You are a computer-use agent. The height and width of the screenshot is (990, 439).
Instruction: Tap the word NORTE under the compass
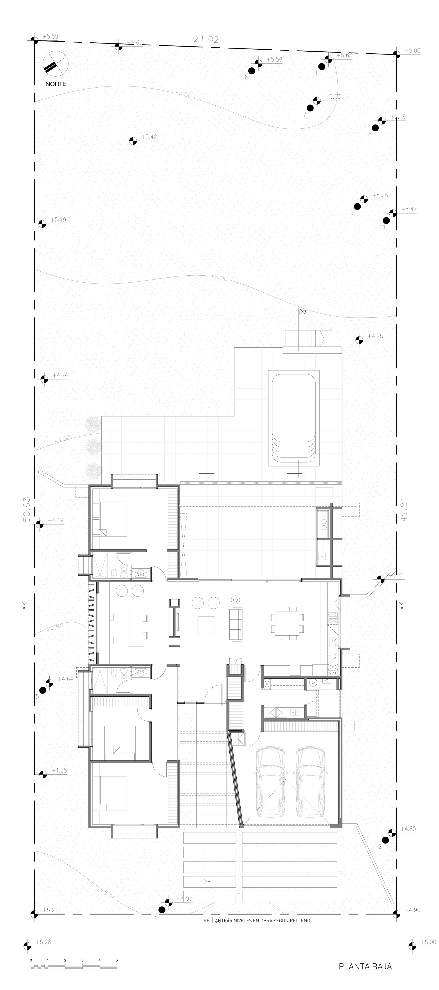(56, 84)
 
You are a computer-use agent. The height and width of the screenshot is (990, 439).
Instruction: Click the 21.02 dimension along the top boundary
(206, 39)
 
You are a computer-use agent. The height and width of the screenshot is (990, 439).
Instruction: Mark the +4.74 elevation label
(60, 375)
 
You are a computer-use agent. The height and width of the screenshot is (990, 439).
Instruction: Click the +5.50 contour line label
(183, 94)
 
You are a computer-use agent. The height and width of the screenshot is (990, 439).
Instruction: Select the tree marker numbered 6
(252, 71)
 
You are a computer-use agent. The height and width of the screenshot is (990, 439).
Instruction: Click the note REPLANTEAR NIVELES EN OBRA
(257, 921)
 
